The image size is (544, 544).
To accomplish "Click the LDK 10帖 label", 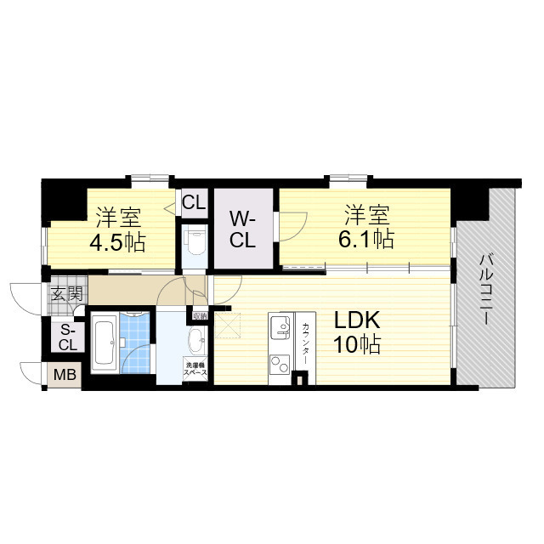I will [x=356, y=332].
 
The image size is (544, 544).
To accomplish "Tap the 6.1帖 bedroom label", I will [x=369, y=227].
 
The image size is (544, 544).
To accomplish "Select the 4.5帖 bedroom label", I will [x=118, y=229].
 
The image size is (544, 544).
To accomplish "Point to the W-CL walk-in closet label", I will [x=242, y=228].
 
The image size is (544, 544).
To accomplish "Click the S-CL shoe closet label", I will [x=67, y=337].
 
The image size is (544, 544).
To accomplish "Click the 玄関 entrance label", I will [x=66, y=294].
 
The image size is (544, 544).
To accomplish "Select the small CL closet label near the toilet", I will [x=193, y=202].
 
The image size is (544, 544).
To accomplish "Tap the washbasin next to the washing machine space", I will [x=195, y=342].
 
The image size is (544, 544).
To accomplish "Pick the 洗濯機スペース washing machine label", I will [x=195, y=371].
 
